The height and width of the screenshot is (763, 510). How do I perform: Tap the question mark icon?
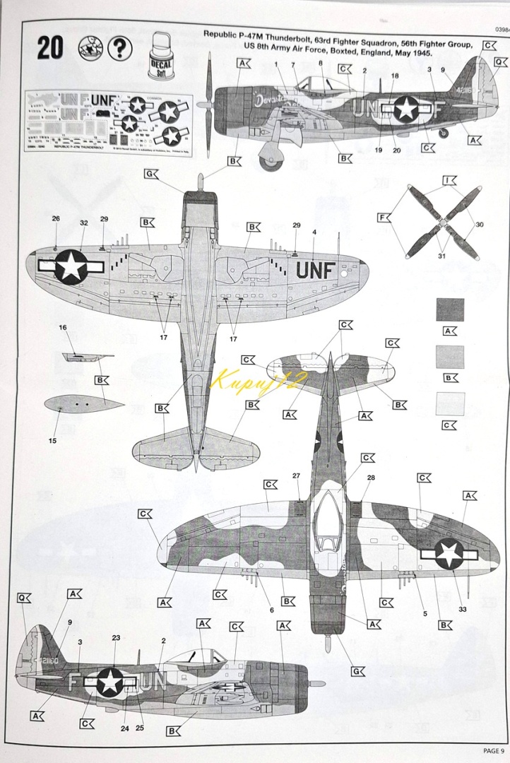[x=121, y=48]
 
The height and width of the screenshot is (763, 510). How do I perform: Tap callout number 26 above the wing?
[x=56, y=218]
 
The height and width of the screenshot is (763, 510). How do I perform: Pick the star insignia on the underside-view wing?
[x=71, y=266]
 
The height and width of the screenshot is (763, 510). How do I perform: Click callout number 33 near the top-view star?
[x=463, y=609]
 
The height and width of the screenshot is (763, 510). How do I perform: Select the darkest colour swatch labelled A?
[x=450, y=311]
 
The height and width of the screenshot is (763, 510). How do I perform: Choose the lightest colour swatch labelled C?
[x=450, y=404]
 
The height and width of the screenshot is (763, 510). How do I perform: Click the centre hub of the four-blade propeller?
[x=441, y=223]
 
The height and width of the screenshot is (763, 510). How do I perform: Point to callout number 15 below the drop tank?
[x=52, y=442]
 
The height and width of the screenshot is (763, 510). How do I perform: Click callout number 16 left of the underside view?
[x=62, y=327]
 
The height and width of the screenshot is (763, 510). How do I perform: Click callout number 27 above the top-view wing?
[x=296, y=475]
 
